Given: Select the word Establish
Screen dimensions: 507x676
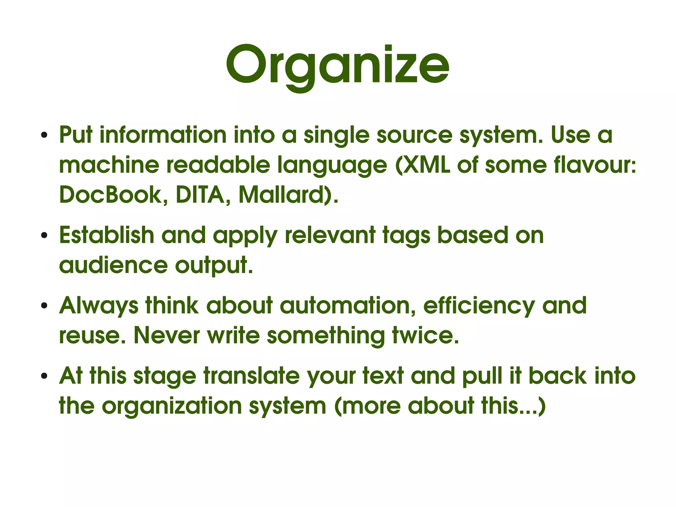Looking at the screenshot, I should tap(107, 235).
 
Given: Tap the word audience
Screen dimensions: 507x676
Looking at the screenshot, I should tap(113, 265).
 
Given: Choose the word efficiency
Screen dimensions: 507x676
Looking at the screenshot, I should tap(479, 306).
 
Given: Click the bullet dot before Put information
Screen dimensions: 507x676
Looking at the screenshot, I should tap(44, 136).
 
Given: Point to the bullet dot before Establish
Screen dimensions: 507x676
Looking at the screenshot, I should tap(44, 236).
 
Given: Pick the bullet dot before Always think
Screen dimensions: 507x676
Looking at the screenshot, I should tap(44, 306).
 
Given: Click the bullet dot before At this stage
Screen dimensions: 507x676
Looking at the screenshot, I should tap(44, 377).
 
